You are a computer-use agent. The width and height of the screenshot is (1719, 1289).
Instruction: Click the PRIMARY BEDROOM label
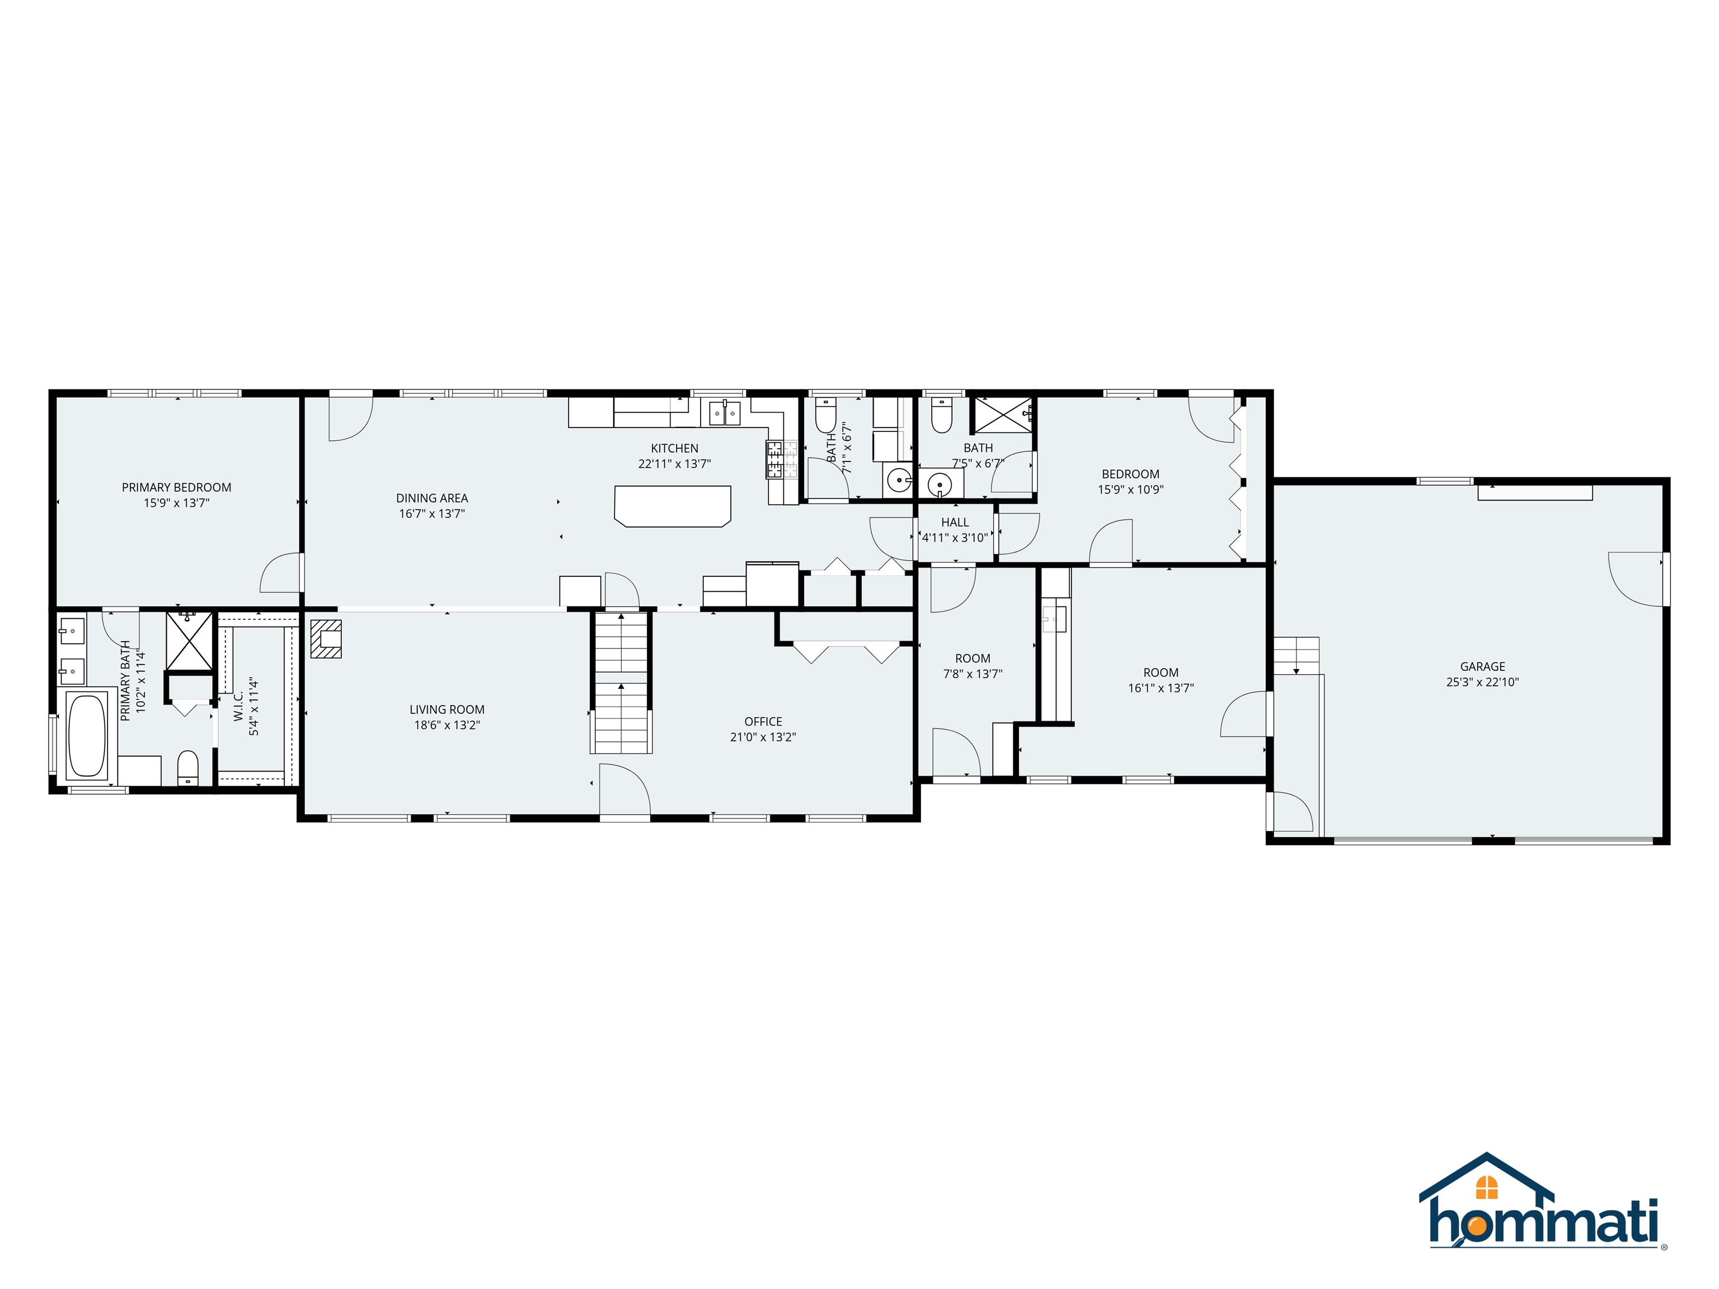coord(176,487)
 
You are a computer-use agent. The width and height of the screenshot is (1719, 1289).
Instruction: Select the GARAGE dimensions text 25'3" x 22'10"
coord(1482,682)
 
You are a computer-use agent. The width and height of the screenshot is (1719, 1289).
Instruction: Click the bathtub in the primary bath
coord(87,734)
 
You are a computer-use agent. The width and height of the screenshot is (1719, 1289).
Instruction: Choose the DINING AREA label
coord(432,498)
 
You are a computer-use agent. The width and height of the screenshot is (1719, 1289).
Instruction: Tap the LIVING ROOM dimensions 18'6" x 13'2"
coord(447,725)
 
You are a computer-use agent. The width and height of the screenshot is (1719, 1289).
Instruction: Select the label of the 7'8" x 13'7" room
coord(972,658)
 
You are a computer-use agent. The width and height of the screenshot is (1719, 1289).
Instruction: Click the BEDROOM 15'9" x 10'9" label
coord(1130,474)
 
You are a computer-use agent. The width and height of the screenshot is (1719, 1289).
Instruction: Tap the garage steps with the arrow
coord(1295,655)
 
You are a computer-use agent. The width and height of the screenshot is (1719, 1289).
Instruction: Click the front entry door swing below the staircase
coord(624,789)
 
